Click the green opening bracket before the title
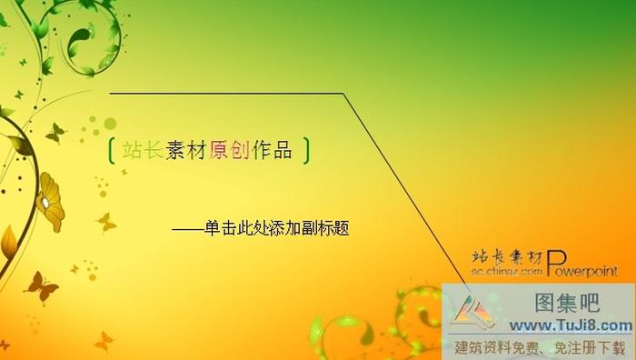[110, 151]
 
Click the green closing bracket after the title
[307, 151]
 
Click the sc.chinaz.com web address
[507, 271]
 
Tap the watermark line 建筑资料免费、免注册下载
[540, 346]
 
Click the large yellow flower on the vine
[50, 201]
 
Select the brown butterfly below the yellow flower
[41, 286]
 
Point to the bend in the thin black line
[343, 94]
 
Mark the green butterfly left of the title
[55, 134]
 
